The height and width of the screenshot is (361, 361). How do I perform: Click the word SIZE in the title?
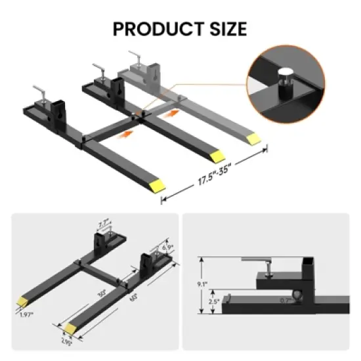(223, 30)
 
